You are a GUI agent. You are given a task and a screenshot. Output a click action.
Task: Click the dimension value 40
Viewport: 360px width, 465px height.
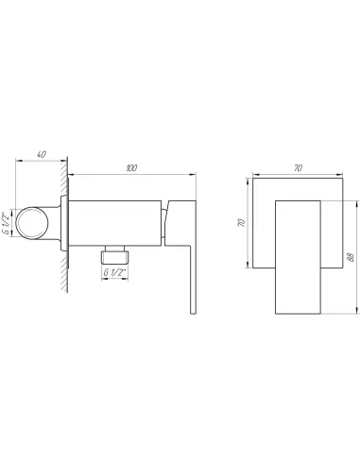(42, 154)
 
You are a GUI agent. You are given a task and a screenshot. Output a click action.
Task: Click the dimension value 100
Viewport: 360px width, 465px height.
(131, 168)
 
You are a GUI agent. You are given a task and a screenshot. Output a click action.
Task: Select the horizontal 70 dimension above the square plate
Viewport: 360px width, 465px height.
(298, 168)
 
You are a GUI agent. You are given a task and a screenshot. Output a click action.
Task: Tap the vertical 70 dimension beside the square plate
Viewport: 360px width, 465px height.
(241, 223)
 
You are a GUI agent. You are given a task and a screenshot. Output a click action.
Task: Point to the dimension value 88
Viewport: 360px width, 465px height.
(351, 257)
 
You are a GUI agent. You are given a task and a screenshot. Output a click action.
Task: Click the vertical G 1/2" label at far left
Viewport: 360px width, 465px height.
(6, 223)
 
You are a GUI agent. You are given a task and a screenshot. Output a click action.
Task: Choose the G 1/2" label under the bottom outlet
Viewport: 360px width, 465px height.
(114, 272)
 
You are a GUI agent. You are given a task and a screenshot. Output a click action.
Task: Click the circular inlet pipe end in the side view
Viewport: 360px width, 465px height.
(32, 223)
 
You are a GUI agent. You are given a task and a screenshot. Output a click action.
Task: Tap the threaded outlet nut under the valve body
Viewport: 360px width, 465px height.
(114, 257)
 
